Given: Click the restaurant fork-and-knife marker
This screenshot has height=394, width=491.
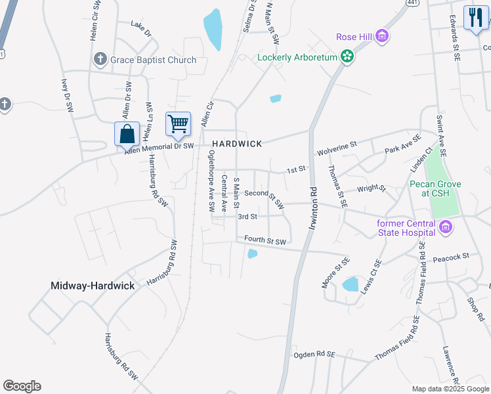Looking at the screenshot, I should click(475, 18).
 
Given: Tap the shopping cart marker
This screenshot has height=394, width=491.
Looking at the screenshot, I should click(178, 122).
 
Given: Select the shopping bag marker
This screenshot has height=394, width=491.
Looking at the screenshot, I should click(127, 134).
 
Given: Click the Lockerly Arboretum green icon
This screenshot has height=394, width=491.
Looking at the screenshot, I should click(348, 57).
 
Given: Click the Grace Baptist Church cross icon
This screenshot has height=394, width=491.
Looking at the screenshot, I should click(100, 60).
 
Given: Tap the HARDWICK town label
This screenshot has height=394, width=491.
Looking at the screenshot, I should click(236, 144).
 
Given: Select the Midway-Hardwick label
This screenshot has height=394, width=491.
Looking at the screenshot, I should click(93, 286).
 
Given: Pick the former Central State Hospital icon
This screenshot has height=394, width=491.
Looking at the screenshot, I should click(446, 227).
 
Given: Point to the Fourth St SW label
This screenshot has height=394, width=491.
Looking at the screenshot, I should click(265, 241).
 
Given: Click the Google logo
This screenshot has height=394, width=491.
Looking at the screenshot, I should click(22, 386).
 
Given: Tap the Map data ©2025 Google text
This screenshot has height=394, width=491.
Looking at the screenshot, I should click(450, 389).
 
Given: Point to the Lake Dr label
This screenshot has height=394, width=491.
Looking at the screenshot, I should click(140, 31).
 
